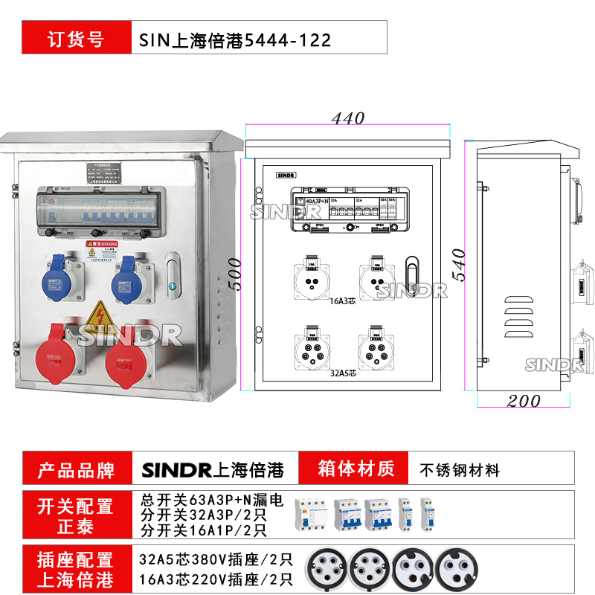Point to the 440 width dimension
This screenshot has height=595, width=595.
click(348, 118)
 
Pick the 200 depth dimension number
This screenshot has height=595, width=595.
click(524, 401)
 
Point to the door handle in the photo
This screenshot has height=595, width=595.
click(173, 274)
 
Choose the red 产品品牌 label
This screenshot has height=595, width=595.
click(76, 470)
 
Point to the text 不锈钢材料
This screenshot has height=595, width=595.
click(460, 470)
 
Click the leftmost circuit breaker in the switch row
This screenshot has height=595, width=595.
click(309, 513)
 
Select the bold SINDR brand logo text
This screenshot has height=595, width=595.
click(176, 470)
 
